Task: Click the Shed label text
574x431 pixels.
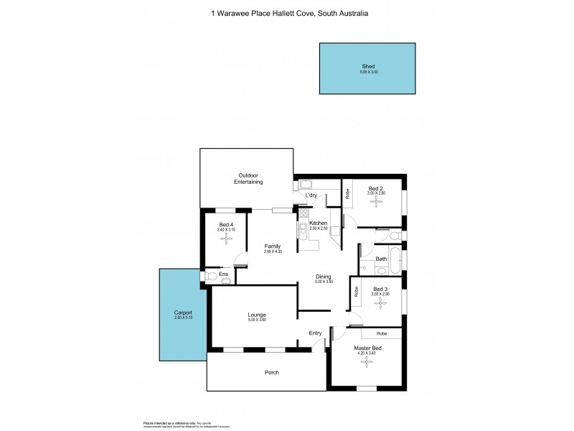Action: pyautogui.click(x=368, y=65)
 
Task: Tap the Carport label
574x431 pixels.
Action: pyautogui.click(x=183, y=313)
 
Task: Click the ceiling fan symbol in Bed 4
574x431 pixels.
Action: pyautogui.click(x=226, y=238)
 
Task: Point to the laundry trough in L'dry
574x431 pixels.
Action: pyautogui.click(x=304, y=185)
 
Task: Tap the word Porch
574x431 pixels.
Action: pyautogui.click(x=271, y=372)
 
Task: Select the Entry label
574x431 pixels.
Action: pyautogui.click(x=315, y=333)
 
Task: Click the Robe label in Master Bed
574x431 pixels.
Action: pyautogui.click(x=381, y=333)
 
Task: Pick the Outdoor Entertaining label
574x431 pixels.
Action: pyautogui.click(x=248, y=178)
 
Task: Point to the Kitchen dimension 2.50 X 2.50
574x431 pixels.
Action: pyautogui.click(x=319, y=228)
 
